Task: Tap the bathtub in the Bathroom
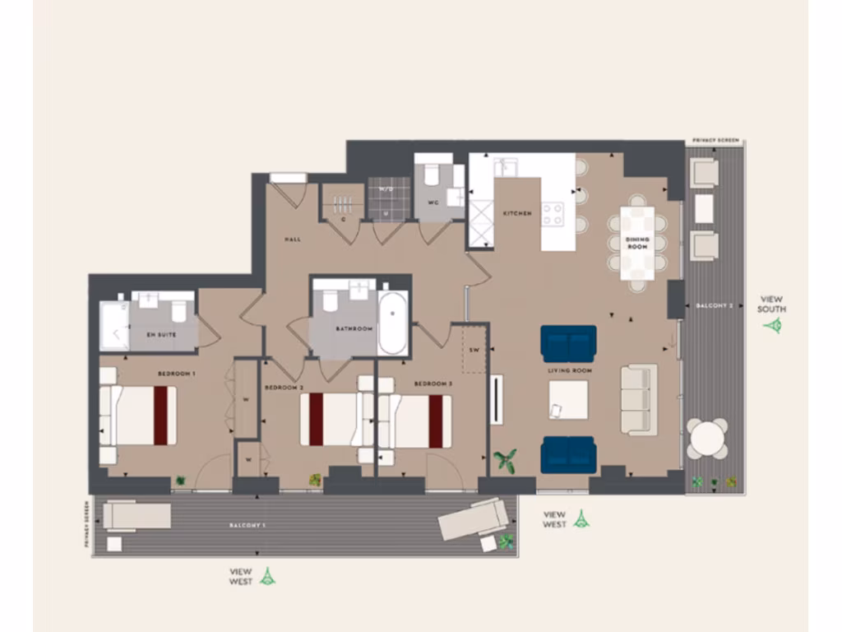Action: click(393, 323)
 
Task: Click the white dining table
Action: click(637, 243)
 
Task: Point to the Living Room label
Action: click(570, 371)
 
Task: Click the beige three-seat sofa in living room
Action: click(638, 399)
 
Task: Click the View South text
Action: click(772, 304)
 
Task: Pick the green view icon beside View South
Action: click(772, 326)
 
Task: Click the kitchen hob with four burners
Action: click(553, 214)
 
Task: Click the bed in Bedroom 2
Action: click(330, 420)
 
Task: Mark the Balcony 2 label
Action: click(713, 305)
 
